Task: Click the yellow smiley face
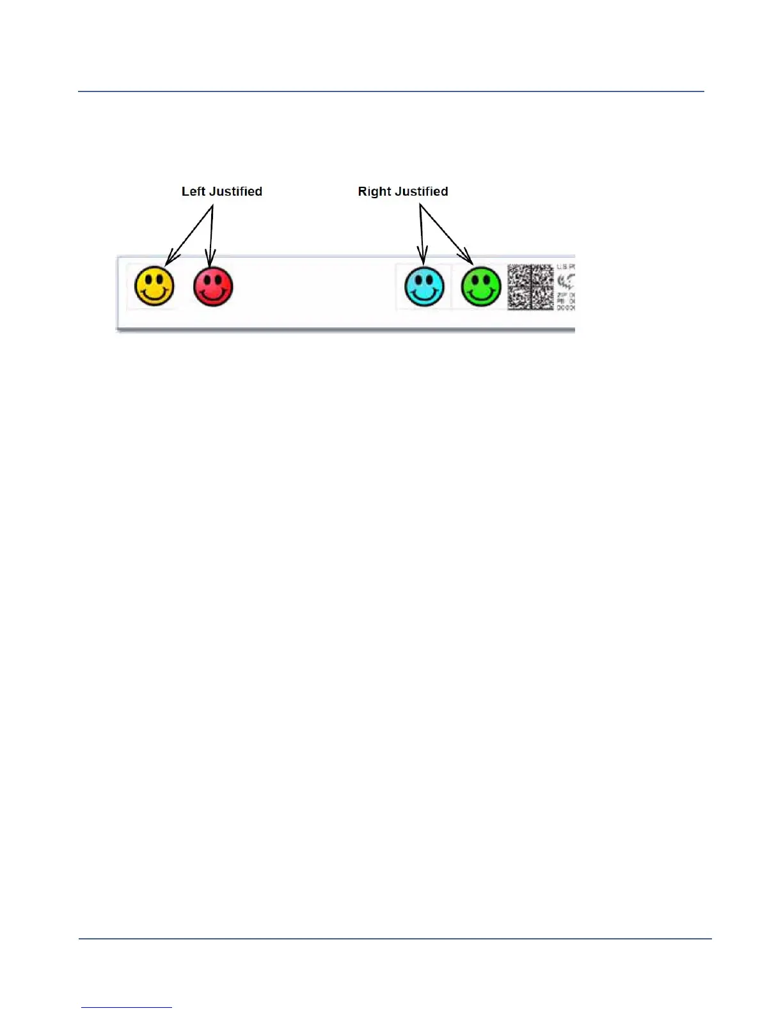pyautogui.click(x=154, y=286)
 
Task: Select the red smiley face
pyautogui.click(x=213, y=286)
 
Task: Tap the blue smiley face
pyautogui.click(x=424, y=286)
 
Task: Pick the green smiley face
pyautogui.click(x=481, y=286)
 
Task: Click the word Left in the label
pyautogui.click(x=193, y=191)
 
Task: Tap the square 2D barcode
pyautogui.click(x=530, y=287)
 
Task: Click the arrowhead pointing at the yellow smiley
pyautogui.click(x=170, y=259)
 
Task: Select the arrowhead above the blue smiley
pyautogui.click(x=422, y=258)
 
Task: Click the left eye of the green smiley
pyautogui.click(x=475, y=279)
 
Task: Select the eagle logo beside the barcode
pyautogui.click(x=566, y=281)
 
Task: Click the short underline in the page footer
pyautogui.click(x=126, y=1007)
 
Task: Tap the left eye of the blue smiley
pyautogui.click(x=418, y=279)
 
